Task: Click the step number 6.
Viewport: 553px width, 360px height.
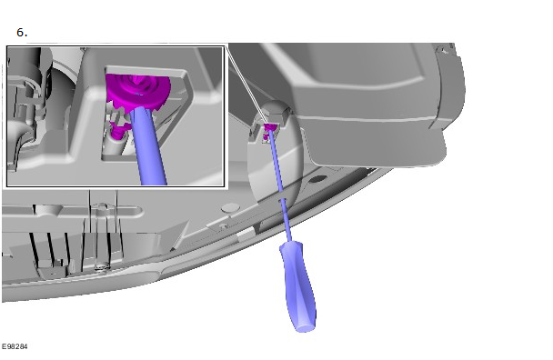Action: pyautogui.click(x=22, y=33)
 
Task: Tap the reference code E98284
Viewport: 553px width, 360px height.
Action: pyautogui.click(x=15, y=346)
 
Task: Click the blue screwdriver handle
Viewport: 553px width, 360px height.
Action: pyautogui.click(x=298, y=286)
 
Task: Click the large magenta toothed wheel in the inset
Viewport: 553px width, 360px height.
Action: pyautogui.click(x=138, y=91)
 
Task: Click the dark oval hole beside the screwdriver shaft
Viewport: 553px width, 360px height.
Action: pyautogui.click(x=318, y=179)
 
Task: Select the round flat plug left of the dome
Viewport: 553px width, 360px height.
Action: pyautogui.click(x=231, y=207)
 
